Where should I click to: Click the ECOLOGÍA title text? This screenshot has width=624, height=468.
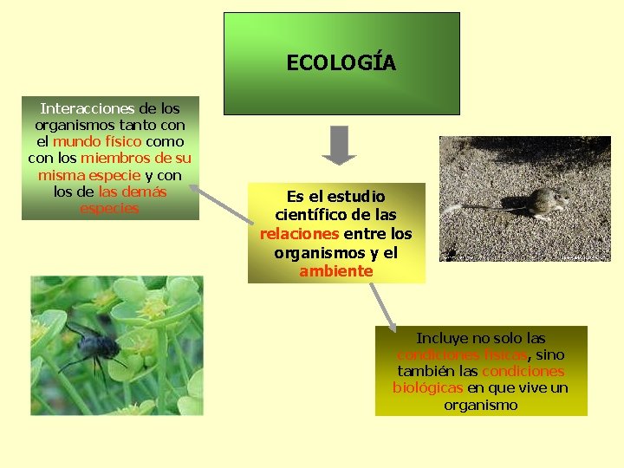[x=341, y=63]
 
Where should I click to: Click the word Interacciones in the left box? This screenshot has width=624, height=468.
[x=87, y=109]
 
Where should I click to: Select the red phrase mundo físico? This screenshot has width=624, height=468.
[x=97, y=142]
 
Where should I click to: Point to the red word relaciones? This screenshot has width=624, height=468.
[x=300, y=234]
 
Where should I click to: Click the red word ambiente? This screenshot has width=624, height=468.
[x=336, y=271]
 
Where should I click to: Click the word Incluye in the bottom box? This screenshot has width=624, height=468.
[x=443, y=339]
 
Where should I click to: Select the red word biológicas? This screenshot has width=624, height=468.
[x=428, y=388]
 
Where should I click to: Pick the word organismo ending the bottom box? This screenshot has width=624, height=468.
[x=480, y=405]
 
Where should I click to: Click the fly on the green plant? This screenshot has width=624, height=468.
[x=90, y=343]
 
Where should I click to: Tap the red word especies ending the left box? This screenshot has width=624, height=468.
[x=109, y=208]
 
